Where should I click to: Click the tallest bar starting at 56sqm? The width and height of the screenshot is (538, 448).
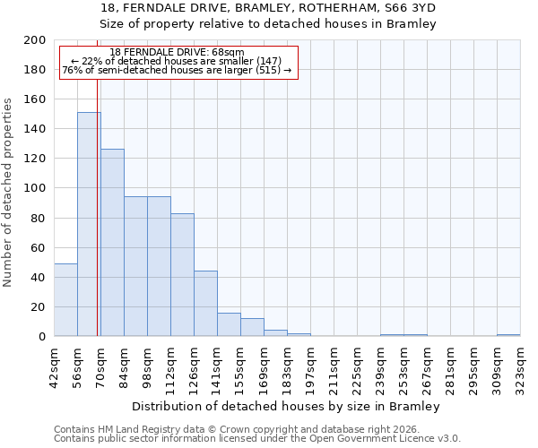89,224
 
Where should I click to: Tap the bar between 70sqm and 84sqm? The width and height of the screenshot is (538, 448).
112,242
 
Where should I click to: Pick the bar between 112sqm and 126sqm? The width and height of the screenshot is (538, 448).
182,274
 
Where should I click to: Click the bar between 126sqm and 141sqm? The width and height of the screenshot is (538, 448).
205,303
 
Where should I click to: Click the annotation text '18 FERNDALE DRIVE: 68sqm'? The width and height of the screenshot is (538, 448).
177,53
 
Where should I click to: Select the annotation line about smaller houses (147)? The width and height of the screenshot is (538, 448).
177,62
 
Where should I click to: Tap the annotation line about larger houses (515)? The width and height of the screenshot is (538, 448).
177,71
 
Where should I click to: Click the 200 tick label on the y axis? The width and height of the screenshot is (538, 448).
36,40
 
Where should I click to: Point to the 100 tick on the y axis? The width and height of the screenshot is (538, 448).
36,188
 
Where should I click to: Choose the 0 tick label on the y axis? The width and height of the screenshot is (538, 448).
42,337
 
